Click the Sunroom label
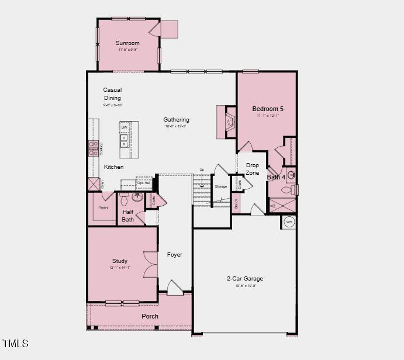(x=127, y=43)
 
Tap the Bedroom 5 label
(x=268, y=109)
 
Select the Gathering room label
(x=176, y=120)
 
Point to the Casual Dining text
(x=112, y=94)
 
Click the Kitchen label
(x=114, y=167)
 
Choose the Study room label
(x=120, y=261)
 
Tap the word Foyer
(x=174, y=255)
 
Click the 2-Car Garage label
(x=245, y=279)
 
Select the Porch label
(x=150, y=316)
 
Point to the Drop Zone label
(x=253, y=169)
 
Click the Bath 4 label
(x=277, y=177)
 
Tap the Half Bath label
(x=128, y=216)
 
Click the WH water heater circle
(x=289, y=222)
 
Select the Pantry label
(x=103, y=207)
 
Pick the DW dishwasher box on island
(x=125, y=127)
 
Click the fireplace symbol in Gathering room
(x=230, y=122)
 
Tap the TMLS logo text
(x=15, y=343)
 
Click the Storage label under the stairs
(x=220, y=186)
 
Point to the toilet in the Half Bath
(x=123, y=196)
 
